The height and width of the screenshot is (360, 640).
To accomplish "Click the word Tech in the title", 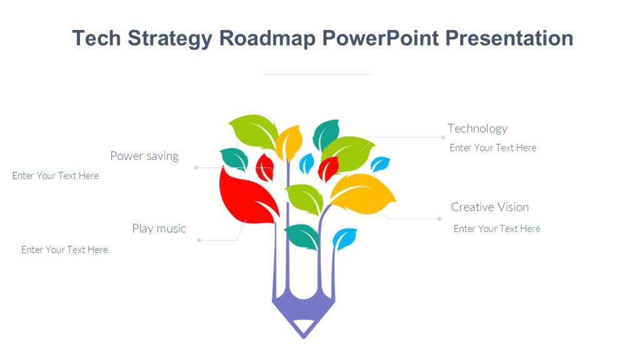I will click(x=97, y=38).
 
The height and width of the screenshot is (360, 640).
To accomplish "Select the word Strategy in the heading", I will click(x=171, y=39).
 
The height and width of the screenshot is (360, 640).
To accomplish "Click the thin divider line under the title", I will click(x=317, y=74).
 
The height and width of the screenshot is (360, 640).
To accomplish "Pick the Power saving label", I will click(x=144, y=156).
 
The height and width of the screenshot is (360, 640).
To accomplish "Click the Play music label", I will click(x=159, y=229).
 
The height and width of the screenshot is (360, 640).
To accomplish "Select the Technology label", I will click(x=477, y=129).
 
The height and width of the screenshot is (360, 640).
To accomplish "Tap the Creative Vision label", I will click(x=489, y=207).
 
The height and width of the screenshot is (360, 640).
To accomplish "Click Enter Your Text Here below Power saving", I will click(x=56, y=176).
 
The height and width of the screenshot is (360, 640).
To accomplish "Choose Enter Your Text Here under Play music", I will click(x=64, y=249).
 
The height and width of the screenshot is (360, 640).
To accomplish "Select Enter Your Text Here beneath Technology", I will click(x=492, y=147).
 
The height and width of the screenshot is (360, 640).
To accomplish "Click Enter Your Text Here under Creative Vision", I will click(x=496, y=229).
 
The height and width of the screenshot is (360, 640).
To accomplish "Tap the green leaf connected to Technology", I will click(x=348, y=152).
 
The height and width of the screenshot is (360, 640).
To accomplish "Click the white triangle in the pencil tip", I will click(x=303, y=326).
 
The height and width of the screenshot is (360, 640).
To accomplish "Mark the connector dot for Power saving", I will click(x=196, y=167).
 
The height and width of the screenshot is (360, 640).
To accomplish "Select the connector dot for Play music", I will click(x=199, y=240).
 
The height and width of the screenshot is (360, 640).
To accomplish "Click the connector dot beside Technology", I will click(x=443, y=137).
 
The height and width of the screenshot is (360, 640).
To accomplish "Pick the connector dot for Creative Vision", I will click(x=439, y=219).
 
